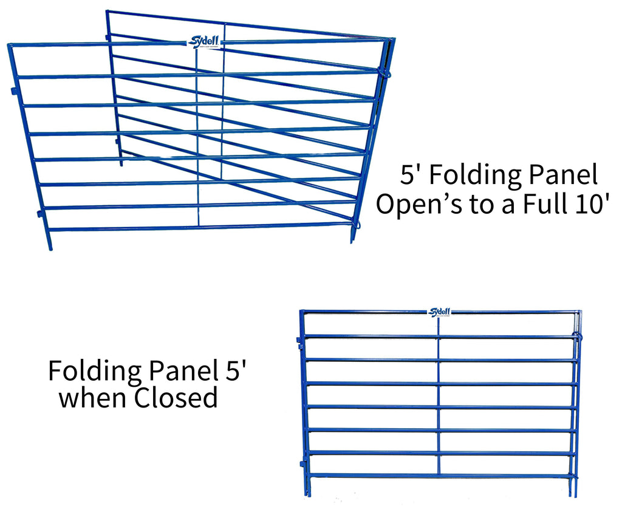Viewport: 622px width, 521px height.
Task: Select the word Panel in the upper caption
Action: click(561, 175)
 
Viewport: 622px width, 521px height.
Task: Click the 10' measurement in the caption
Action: click(584, 203)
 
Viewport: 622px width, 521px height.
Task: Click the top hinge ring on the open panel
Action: click(384, 72)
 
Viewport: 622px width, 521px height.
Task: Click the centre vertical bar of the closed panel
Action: click(439, 395)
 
